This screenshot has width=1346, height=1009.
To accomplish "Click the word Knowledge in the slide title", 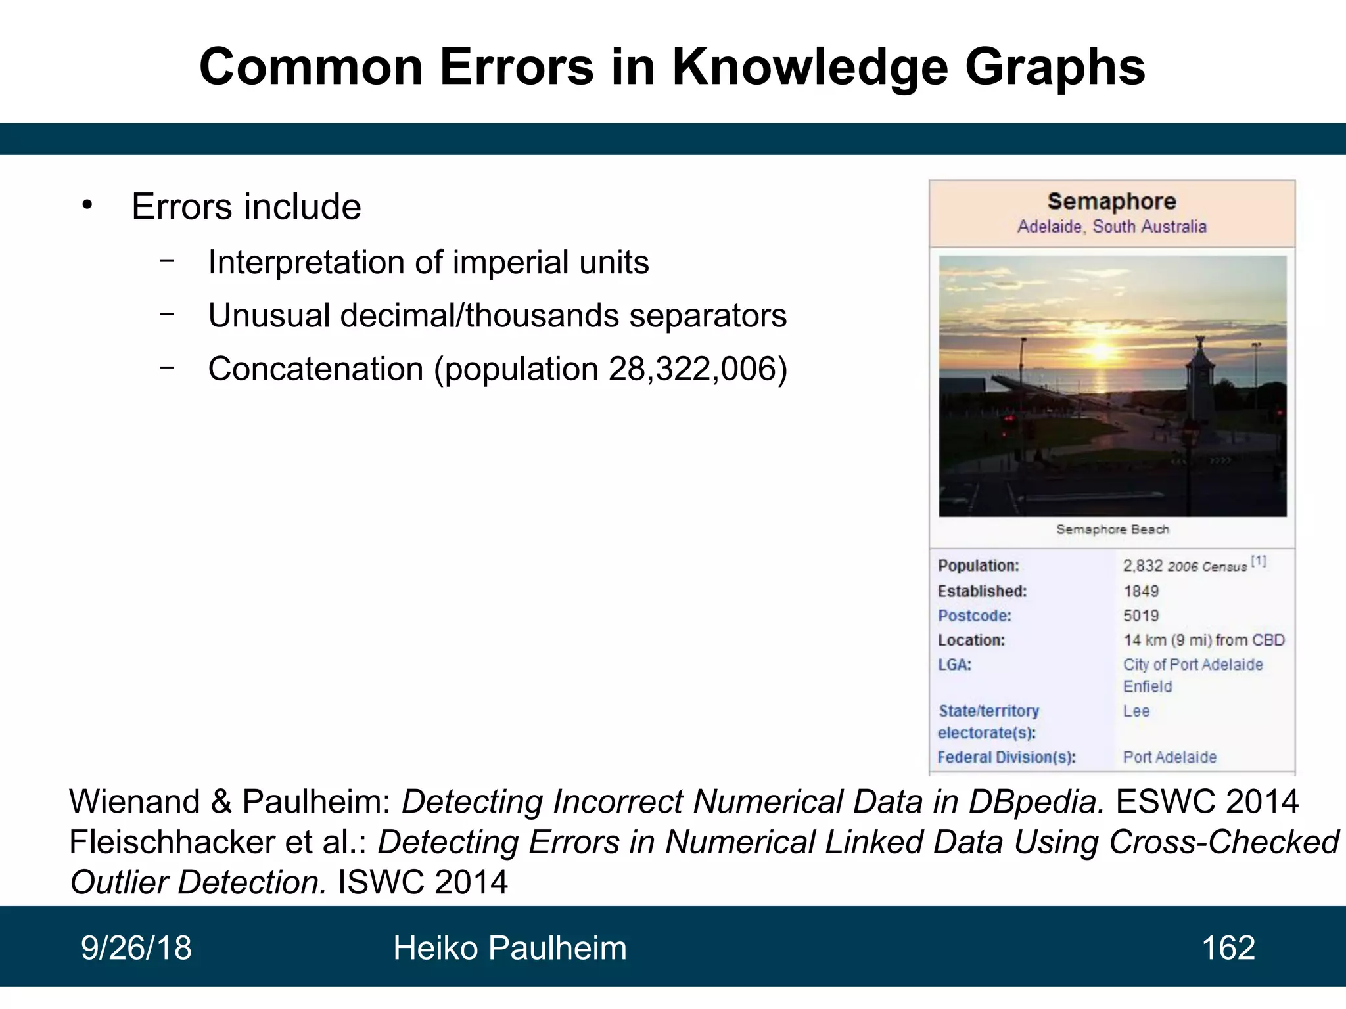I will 810,68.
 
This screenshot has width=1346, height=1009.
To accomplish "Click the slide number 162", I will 1228,948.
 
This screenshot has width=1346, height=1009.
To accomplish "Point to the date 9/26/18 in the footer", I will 136,948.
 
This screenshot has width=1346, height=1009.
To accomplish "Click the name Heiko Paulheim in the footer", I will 509,948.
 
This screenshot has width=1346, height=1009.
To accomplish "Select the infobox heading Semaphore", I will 1111,202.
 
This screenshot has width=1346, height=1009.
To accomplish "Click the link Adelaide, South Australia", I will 1111,227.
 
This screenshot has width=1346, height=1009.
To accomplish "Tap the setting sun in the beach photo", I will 1101,351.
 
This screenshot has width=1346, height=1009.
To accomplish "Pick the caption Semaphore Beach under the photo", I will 1112,529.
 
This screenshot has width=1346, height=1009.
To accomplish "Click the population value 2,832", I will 1142,566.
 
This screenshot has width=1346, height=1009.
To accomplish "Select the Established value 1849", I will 1141,591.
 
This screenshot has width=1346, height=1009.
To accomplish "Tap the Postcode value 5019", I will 1141,616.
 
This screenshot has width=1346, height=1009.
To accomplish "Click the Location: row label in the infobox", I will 971,640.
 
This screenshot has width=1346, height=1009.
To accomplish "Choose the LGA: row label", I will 954,665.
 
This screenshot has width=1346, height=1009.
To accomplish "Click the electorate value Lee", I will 1136,711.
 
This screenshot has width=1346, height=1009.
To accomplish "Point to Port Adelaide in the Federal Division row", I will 1169,757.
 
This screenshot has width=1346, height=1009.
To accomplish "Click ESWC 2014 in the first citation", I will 1207,802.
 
